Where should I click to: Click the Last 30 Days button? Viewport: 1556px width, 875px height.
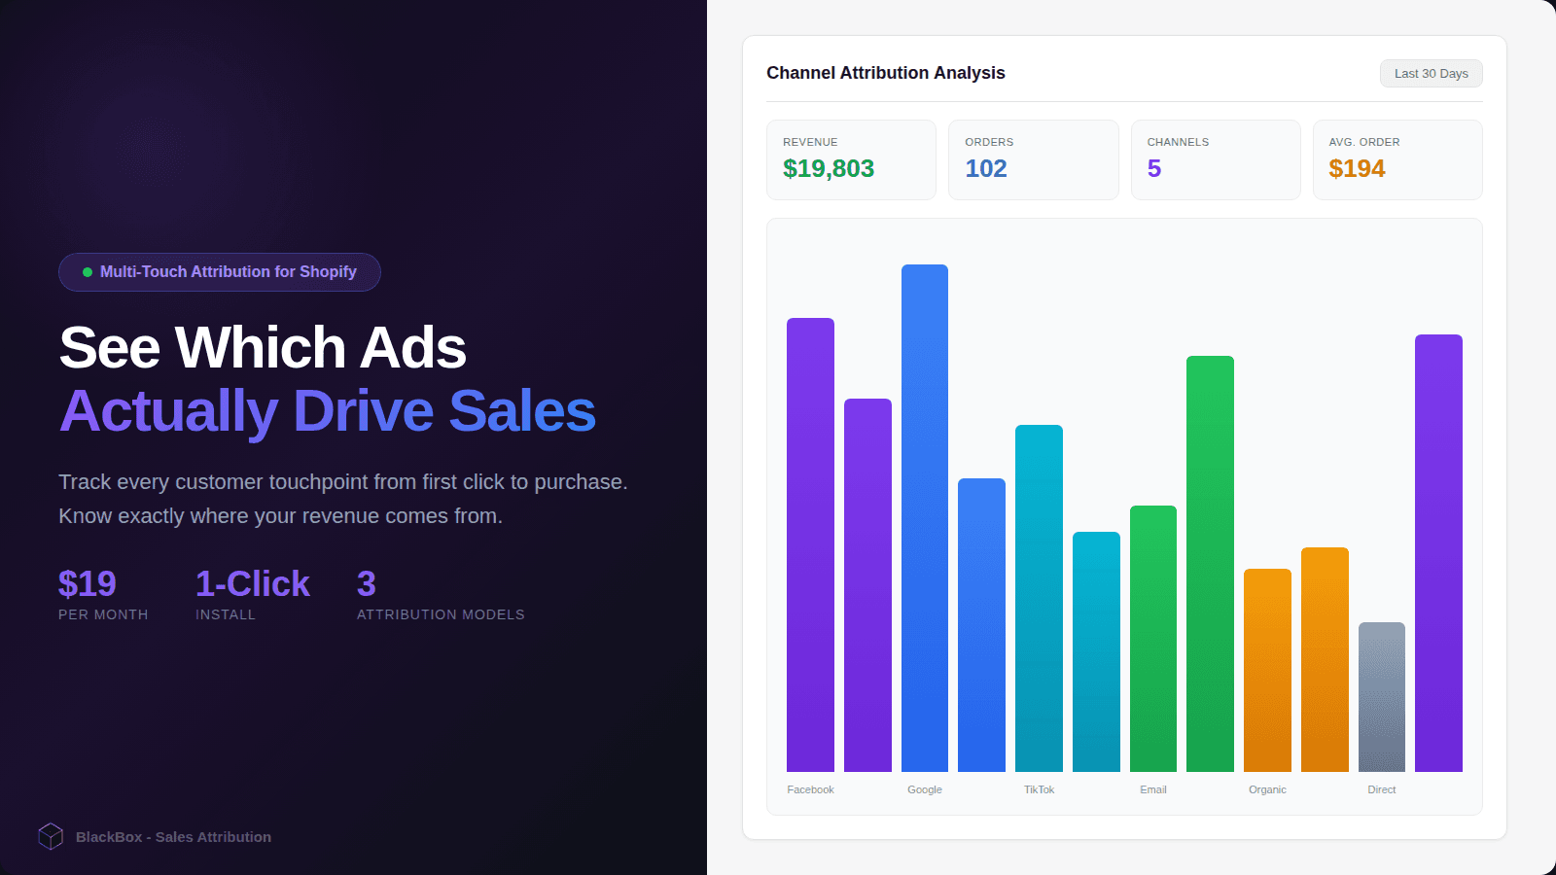1431,74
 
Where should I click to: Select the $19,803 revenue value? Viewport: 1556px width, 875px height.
828,169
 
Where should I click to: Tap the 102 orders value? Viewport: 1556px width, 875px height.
985,169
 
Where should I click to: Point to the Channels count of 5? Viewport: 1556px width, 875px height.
1153,169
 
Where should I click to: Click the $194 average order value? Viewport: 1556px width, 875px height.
1357,169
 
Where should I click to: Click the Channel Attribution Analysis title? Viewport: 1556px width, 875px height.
885,73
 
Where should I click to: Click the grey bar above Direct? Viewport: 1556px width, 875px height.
1381,696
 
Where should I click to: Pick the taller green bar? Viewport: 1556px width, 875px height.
1210,564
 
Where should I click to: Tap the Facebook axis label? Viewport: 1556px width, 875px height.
810,789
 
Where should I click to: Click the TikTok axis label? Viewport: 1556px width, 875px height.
1039,789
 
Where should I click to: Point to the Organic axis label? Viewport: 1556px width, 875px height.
1267,789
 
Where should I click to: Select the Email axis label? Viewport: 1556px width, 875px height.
1152,789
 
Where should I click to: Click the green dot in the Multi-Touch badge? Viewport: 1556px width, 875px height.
88,272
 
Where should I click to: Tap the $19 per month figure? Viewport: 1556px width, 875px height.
87,583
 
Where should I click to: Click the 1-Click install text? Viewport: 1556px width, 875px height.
252,583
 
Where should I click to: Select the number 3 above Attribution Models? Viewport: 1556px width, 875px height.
366,583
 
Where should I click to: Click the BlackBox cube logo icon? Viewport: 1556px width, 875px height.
51,836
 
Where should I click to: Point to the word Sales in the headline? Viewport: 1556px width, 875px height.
521,411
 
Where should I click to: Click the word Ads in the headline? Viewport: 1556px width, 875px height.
412,348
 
